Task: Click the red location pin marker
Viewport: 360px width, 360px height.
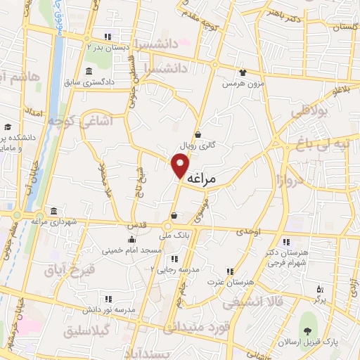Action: coord(181,165)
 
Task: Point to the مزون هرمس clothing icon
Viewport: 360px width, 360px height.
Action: coord(243,72)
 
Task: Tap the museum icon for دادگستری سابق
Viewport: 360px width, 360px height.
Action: coord(88,72)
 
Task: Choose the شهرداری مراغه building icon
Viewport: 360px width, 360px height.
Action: coord(55,212)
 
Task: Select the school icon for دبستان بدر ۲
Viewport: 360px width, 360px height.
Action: coord(108,37)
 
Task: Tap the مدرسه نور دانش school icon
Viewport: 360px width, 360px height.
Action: coord(108,298)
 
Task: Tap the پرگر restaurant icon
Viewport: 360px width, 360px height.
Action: coord(319,289)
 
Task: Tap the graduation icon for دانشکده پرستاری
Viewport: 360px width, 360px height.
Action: coord(7,127)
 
